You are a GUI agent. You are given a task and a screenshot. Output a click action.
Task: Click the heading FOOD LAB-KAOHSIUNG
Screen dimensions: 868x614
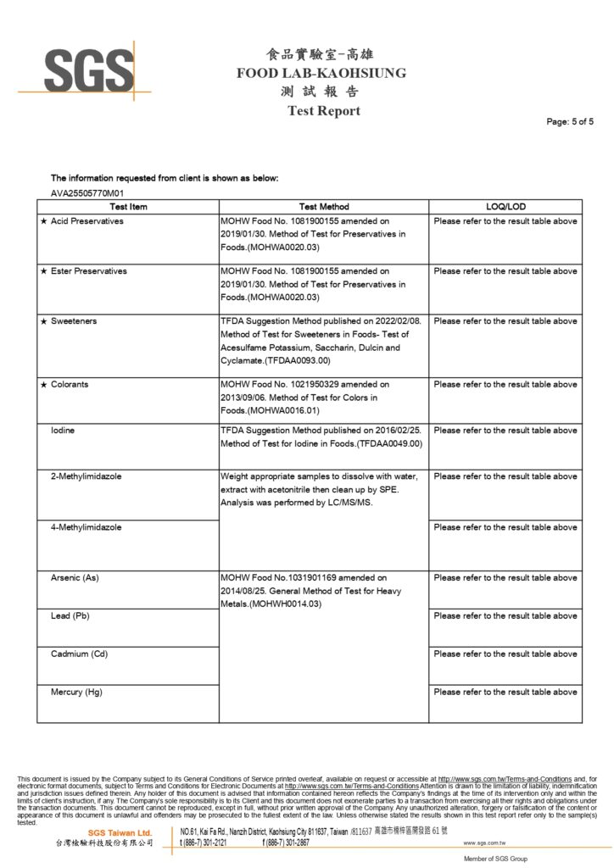pyautogui.click(x=321, y=73)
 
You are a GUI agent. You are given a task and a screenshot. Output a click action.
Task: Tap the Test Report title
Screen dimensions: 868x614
pyautogui.click(x=323, y=111)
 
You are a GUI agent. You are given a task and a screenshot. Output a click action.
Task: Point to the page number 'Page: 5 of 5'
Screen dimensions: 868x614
pyautogui.click(x=570, y=122)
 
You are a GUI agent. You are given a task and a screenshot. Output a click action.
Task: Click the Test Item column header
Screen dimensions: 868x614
pyautogui.click(x=128, y=207)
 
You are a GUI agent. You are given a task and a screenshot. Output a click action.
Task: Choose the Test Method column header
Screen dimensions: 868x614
pyautogui.click(x=324, y=207)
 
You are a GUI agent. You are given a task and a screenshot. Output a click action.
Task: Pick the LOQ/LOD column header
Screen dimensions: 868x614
pyautogui.click(x=505, y=207)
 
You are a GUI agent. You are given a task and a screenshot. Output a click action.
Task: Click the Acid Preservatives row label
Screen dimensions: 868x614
pyautogui.click(x=87, y=221)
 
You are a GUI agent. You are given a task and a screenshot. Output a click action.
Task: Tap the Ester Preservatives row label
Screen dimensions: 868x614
pyautogui.click(x=88, y=271)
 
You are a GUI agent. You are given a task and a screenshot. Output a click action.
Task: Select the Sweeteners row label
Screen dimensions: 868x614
pyautogui.click(x=74, y=321)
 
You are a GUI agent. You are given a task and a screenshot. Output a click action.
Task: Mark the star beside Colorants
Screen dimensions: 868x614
pyautogui.click(x=43, y=385)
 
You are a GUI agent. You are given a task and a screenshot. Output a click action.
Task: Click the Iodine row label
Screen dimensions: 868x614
pyautogui.click(x=63, y=431)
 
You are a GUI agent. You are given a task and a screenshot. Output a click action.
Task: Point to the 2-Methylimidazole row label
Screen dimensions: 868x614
pyautogui.click(x=86, y=476)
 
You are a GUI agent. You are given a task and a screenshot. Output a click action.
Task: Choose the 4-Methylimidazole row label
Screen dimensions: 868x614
pyautogui.click(x=86, y=527)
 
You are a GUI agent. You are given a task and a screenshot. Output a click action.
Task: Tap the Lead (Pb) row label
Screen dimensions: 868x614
pyautogui.click(x=70, y=616)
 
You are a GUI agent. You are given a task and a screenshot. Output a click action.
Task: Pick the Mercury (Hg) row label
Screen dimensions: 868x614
pyautogui.click(x=76, y=693)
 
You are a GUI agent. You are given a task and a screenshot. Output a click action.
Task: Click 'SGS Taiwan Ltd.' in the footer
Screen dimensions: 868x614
pyautogui.click(x=120, y=833)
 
